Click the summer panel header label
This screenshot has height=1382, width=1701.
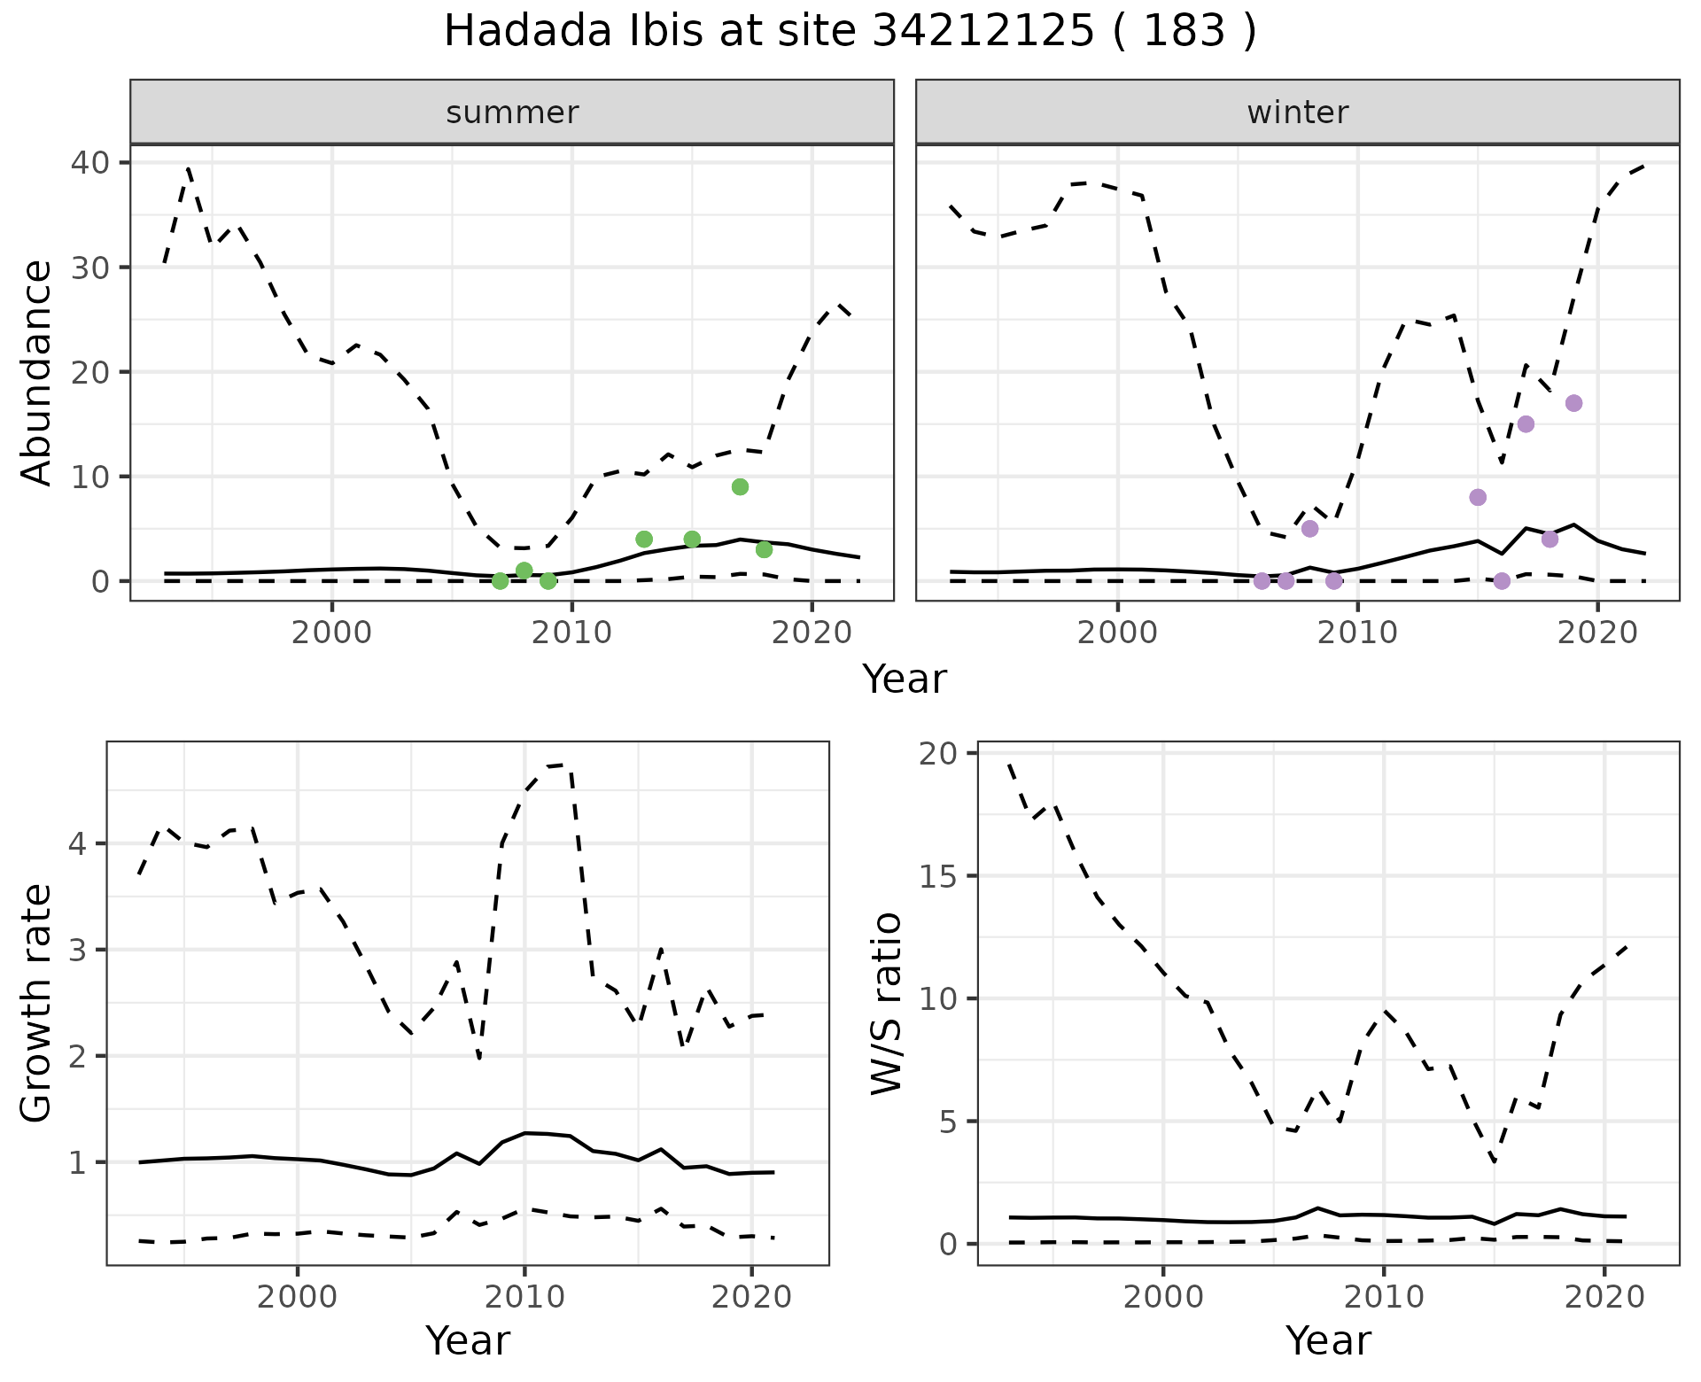512,113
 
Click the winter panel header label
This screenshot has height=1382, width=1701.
1297,113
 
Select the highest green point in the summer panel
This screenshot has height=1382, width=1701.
741,486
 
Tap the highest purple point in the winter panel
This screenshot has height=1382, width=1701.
1573,403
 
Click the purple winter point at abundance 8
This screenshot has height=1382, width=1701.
1478,497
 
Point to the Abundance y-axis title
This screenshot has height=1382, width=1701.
36,372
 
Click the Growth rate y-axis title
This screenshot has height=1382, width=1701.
36,1004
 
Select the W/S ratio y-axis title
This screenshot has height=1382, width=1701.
886,1004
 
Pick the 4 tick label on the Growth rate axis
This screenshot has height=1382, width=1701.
78,843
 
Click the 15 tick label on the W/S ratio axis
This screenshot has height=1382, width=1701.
943,876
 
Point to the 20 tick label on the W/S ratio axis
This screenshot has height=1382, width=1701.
943,754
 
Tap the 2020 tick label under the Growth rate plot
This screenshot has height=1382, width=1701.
751,1297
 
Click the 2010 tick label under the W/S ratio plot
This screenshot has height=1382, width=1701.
1383,1297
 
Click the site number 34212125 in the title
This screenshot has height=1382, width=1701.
983,32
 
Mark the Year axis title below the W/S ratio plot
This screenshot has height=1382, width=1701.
1327,1340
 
